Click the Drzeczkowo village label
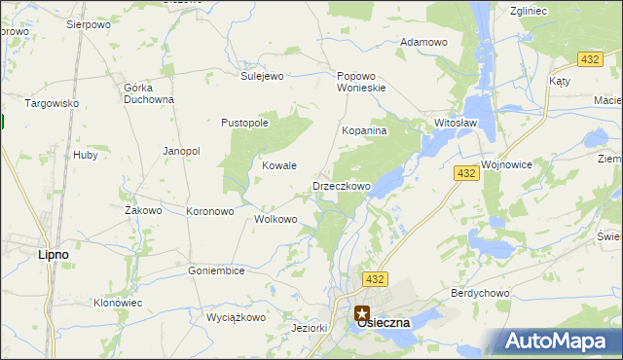(342, 186)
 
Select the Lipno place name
(53, 254)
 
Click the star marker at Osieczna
(362, 314)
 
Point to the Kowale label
(279, 166)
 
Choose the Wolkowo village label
(275, 219)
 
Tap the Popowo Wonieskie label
(362, 82)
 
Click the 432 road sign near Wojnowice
(465, 173)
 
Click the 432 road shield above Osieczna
(376, 279)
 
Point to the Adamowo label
(423, 43)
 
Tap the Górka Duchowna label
(149, 92)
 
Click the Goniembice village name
(216, 270)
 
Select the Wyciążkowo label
(236, 317)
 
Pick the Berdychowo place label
(480, 293)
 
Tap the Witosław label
(455, 124)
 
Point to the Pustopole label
(244, 124)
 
